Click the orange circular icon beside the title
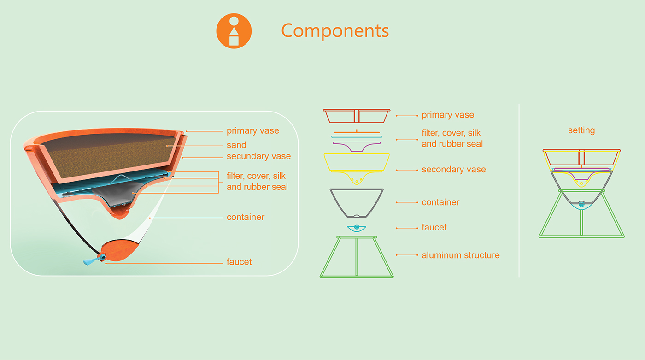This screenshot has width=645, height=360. click(x=234, y=31)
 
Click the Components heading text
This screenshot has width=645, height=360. click(x=335, y=30)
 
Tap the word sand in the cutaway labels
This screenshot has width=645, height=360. click(x=236, y=145)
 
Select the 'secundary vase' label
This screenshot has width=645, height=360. click(x=258, y=156)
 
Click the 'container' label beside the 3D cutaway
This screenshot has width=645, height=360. click(x=245, y=217)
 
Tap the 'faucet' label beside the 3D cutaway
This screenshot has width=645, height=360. click(x=239, y=262)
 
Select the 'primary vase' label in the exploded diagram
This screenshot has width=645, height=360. click(x=447, y=115)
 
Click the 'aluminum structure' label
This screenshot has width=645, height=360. click(x=460, y=255)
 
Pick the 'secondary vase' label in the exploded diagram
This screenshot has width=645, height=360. click(x=453, y=170)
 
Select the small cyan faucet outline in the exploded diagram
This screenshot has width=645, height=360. click(x=356, y=228)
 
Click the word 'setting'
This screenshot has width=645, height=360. click(x=581, y=130)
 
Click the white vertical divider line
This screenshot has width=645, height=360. click(x=519, y=194)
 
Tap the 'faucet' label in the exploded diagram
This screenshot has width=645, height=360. click(x=434, y=228)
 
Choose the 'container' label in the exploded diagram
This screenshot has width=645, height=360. click(x=440, y=202)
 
